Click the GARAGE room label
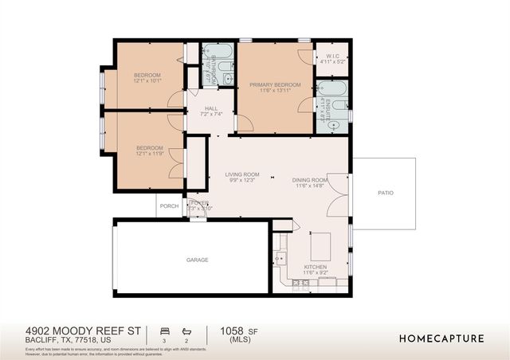tap(197, 260)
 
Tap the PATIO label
tap(385, 193)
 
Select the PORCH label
tap(169, 205)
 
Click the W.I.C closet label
tap(331, 54)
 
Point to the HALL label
tap(210, 109)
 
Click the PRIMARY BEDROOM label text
tap(275, 84)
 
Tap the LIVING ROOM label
tap(242, 174)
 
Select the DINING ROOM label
tap(312, 180)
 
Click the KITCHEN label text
tap(316, 268)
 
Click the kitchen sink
tap(280, 257)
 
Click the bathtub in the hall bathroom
tap(218, 57)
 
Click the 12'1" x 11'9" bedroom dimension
tap(149, 154)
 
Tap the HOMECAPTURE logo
tap(441, 338)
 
